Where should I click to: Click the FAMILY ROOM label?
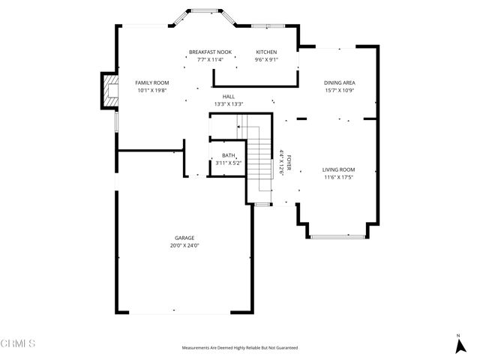coord(151,82)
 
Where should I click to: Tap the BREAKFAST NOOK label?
coord(211,52)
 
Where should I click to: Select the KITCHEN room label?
coord(266,52)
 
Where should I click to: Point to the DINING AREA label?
coord(339,82)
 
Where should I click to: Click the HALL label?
coord(229,97)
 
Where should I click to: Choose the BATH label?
coord(227,155)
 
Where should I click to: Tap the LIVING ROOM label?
coord(338,169)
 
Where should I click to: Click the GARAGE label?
coord(185,238)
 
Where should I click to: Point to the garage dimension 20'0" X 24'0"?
coord(185,245)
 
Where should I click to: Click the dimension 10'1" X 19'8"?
coord(151,90)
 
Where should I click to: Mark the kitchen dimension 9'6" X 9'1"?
coord(266,60)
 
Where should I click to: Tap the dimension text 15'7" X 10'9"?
coord(339,90)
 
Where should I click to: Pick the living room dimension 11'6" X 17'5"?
coord(338,177)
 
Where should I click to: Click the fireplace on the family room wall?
coord(109,91)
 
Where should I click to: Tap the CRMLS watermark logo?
coord(18,344)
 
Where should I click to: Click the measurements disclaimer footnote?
coord(239,348)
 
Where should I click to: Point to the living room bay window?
coord(338,236)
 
